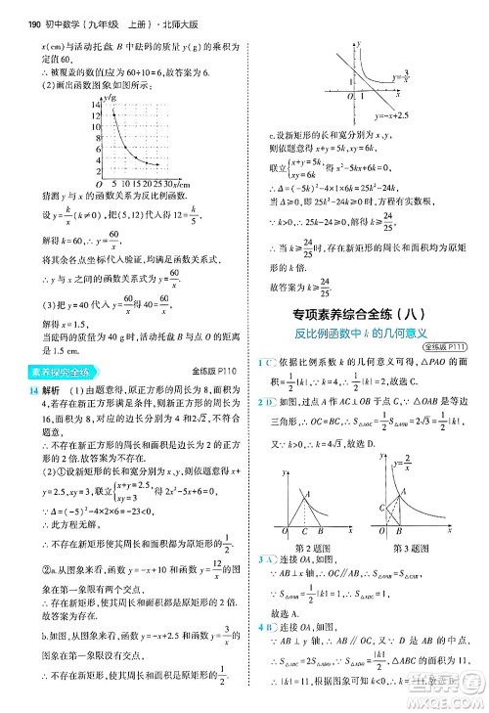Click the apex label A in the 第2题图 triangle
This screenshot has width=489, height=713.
click(x=309, y=493)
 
